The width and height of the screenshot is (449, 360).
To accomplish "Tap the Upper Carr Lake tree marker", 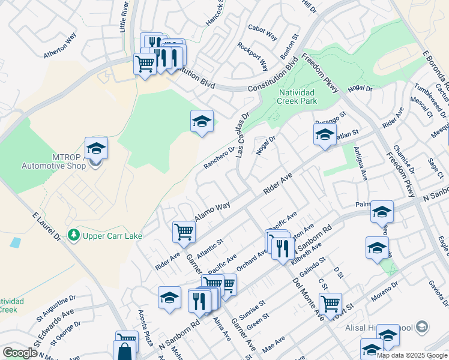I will [x=74, y=235].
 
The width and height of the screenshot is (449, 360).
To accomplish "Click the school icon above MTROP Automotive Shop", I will [x=96, y=148].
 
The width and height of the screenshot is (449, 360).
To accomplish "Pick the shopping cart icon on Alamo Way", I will [x=184, y=232].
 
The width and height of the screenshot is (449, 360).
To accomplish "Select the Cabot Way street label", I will [x=262, y=32].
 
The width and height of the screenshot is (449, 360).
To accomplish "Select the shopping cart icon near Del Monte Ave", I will [x=330, y=304].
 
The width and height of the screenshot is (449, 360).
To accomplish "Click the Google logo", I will [x=20, y=353].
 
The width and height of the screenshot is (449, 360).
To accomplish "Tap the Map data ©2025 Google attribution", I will [x=411, y=355].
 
